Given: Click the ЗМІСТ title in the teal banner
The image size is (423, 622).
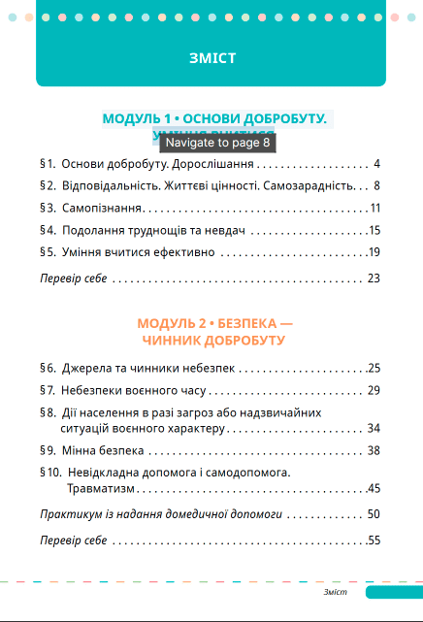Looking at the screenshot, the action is click(212, 58).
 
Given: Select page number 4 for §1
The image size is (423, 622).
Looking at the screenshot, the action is click(375, 163).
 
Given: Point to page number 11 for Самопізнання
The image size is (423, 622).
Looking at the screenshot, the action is click(374, 208).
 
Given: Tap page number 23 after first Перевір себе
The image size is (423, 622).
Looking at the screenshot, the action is click(373, 278).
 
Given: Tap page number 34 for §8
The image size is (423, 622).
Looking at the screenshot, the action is click(373, 428).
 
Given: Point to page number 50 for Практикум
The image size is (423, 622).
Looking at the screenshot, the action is click(373, 514).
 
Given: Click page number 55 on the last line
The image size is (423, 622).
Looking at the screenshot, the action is click(373, 540).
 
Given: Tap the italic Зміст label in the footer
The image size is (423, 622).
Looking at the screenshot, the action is click(335, 591).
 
